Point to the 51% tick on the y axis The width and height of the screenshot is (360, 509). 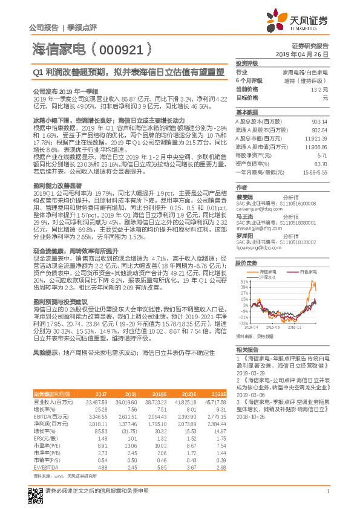point(243,282)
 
